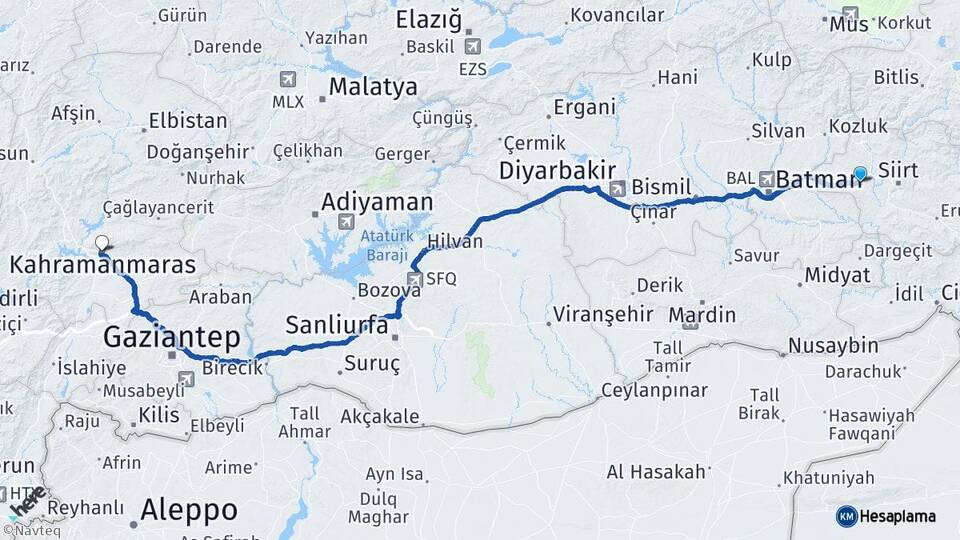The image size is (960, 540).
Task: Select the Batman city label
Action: [x=818, y=180]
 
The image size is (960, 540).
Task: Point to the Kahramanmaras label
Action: [x=102, y=265]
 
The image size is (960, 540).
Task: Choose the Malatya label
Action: [x=373, y=87]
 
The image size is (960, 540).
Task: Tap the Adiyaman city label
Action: [x=377, y=202]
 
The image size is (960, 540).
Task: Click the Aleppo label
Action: [x=189, y=510]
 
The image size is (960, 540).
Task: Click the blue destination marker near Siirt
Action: [x=860, y=173]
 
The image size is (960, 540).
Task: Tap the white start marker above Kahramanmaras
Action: [x=101, y=241]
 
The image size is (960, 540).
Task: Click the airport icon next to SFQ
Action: [x=415, y=279]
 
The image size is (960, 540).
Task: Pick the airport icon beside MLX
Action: [x=288, y=80]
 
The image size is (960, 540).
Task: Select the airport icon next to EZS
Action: [x=472, y=46]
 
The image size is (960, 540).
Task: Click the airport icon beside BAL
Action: [x=767, y=179]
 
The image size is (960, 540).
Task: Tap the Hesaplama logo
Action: [x=886, y=516]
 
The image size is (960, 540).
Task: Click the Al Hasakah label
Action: [x=656, y=471]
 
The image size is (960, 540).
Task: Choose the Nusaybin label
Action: [x=833, y=346]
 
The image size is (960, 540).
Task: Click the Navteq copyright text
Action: [x=35, y=531]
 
